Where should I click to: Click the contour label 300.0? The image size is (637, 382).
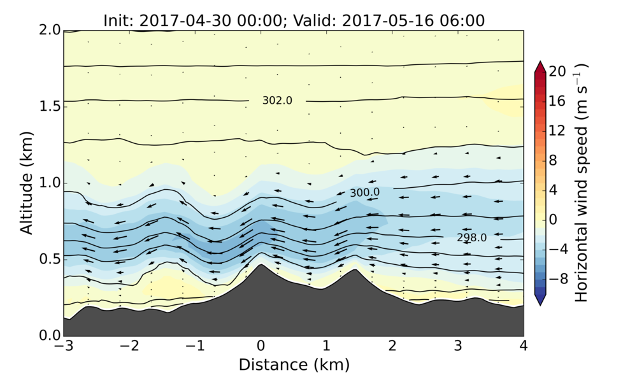[x=364, y=192]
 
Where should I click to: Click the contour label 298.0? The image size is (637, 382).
[x=471, y=237]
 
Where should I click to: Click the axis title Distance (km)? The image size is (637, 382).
[x=294, y=365]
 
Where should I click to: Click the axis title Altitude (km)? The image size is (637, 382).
[x=27, y=183]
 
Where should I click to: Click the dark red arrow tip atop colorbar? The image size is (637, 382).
[x=540, y=64]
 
